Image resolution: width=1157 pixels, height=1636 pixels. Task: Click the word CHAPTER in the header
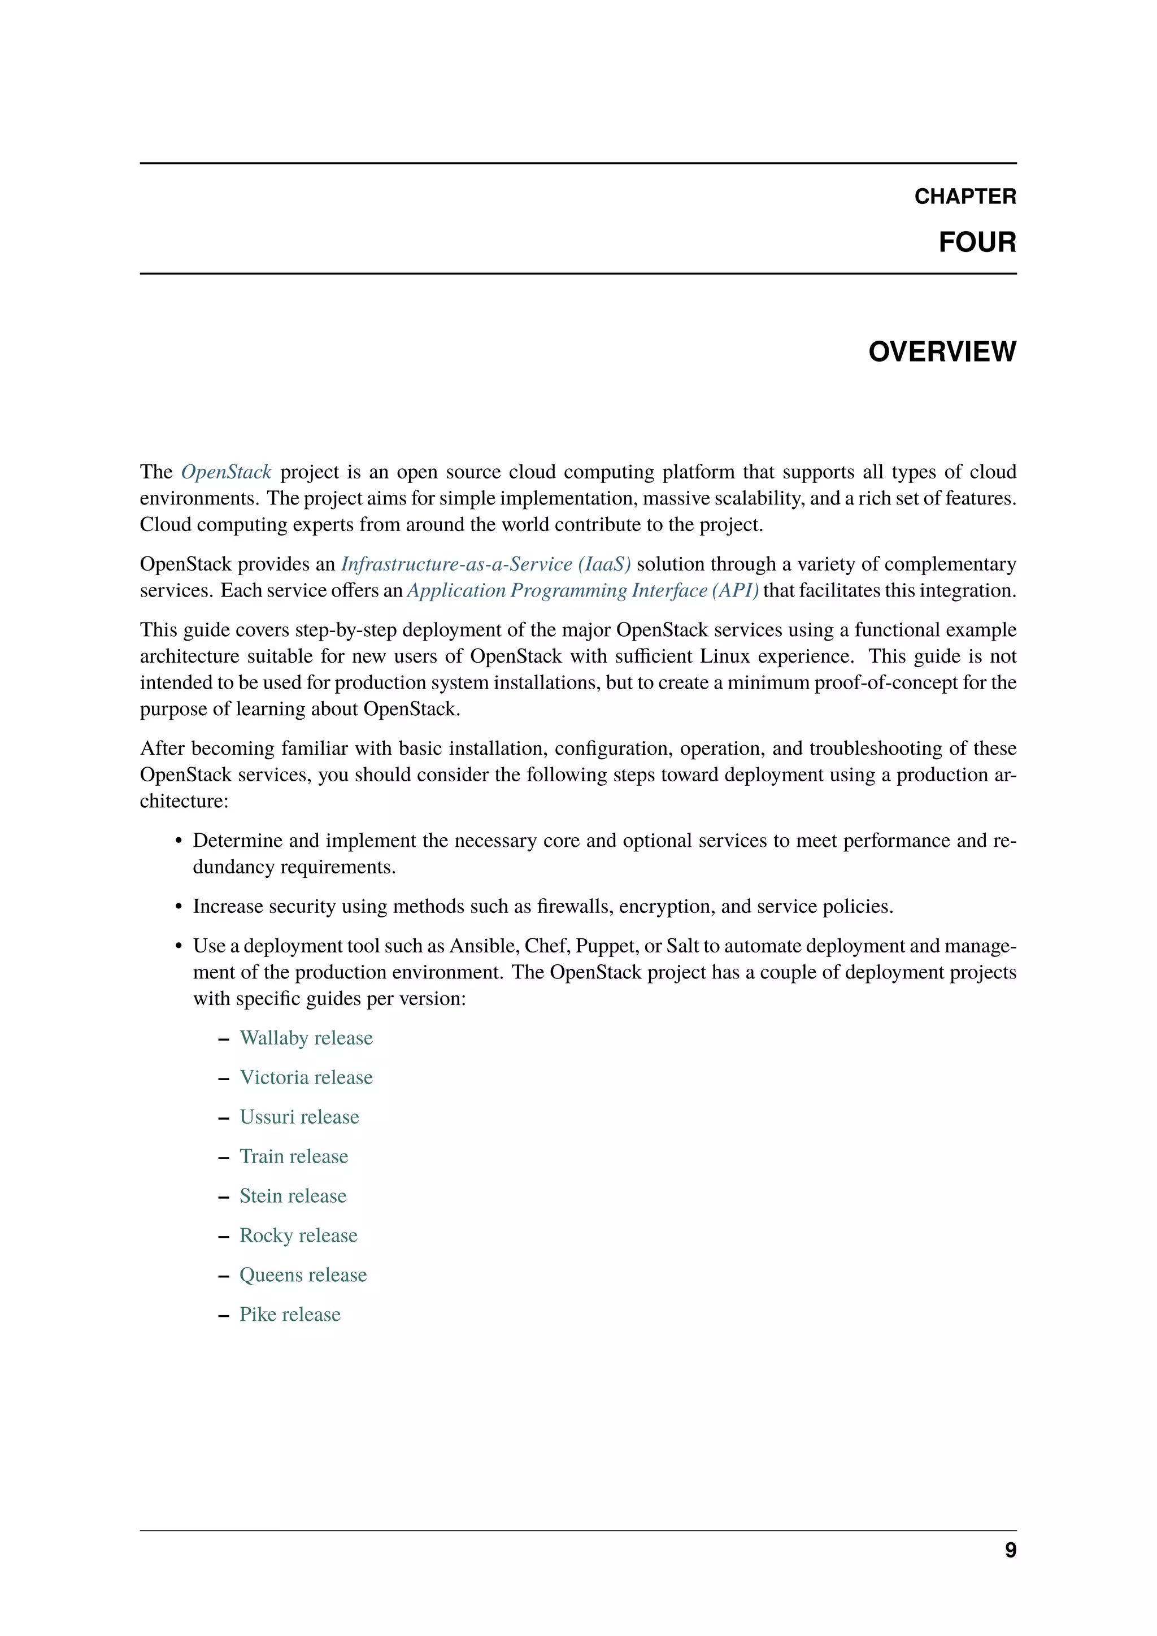point(965,196)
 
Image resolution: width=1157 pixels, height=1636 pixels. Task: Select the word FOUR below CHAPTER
point(977,242)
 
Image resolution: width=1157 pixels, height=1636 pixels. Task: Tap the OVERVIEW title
point(942,352)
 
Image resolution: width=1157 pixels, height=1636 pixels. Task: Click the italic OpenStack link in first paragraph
point(226,472)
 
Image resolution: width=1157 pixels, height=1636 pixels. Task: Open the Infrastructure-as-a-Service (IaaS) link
point(486,564)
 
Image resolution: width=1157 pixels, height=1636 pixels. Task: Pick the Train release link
point(294,1156)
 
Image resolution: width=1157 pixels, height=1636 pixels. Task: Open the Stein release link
point(293,1196)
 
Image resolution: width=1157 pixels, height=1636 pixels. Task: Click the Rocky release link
point(298,1235)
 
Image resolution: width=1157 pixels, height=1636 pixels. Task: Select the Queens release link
point(303,1275)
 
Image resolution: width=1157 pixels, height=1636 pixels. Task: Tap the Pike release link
point(290,1314)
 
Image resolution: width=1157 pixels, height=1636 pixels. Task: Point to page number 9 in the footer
point(1010,1551)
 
